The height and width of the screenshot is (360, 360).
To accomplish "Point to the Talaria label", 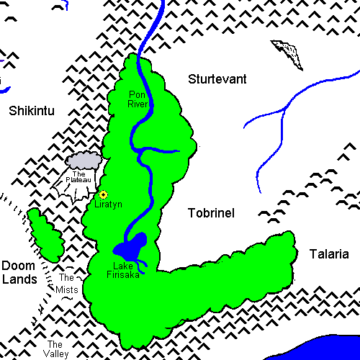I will click(x=328, y=254).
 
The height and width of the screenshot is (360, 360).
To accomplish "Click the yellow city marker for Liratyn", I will click(x=103, y=194).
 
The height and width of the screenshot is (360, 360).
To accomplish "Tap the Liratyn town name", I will click(x=109, y=204).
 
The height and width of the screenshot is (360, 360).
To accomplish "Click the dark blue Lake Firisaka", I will click(x=133, y=247).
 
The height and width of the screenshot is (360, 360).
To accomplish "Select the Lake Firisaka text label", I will click(x=127, y=269).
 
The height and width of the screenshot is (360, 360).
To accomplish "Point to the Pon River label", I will click(x=138, y=99).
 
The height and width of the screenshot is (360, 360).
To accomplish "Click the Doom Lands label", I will click(x=19, y=272).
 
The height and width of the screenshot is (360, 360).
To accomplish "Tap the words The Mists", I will click(x=68, y=284).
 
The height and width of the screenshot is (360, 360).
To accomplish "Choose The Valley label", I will click(x=56, y=348).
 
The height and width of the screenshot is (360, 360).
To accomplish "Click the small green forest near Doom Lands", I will click(x=45, y=235).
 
